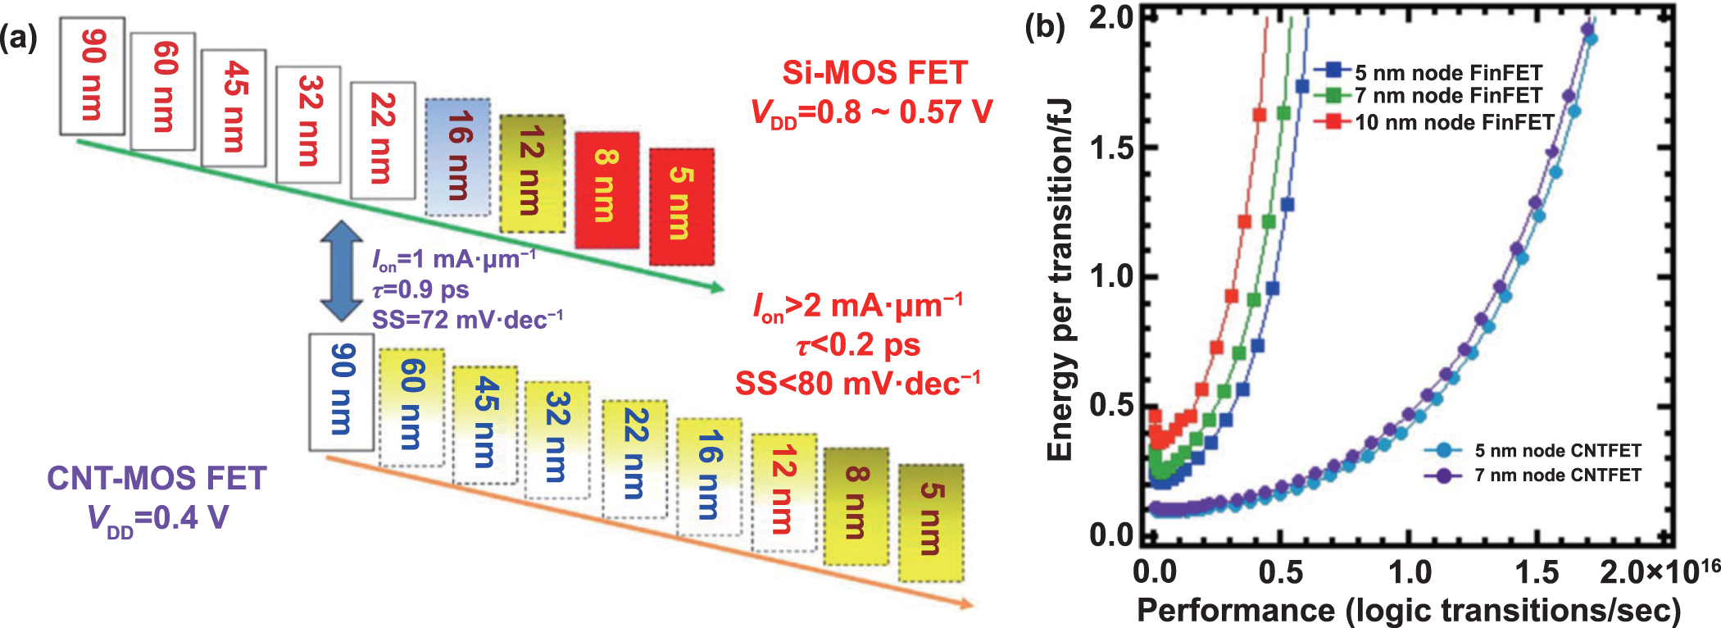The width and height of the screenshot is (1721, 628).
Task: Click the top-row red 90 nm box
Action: coord(92,75)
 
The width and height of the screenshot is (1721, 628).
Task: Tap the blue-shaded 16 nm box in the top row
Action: coord(457,157)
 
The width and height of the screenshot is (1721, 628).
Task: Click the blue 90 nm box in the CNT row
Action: coord(342,391)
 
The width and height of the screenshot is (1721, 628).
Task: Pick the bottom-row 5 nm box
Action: coord(931,522)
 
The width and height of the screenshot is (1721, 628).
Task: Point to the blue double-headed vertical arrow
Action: coord(342,271)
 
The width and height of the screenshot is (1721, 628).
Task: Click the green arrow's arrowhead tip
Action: coord(723,288)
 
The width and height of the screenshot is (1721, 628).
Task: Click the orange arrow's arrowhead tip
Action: coord(972,606)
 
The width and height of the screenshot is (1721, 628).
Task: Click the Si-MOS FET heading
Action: coord(874,73)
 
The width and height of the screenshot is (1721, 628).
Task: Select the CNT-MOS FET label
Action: coord(157,478)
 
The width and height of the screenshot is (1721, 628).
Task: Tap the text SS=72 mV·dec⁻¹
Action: coord(467,319)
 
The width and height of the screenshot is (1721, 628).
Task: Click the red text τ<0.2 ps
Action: coord(857,344)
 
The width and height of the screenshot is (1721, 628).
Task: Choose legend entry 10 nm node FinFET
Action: coord(1453,122)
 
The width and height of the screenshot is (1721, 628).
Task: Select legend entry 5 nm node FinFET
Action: coord(1447,72)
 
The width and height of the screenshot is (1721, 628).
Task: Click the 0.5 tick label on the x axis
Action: coord(1280,571)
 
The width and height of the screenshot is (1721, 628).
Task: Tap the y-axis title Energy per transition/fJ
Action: coord(1060,279)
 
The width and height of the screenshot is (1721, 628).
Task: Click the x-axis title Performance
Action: coord(1408,610)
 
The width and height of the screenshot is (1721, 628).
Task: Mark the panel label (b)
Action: coord(1045,28)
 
